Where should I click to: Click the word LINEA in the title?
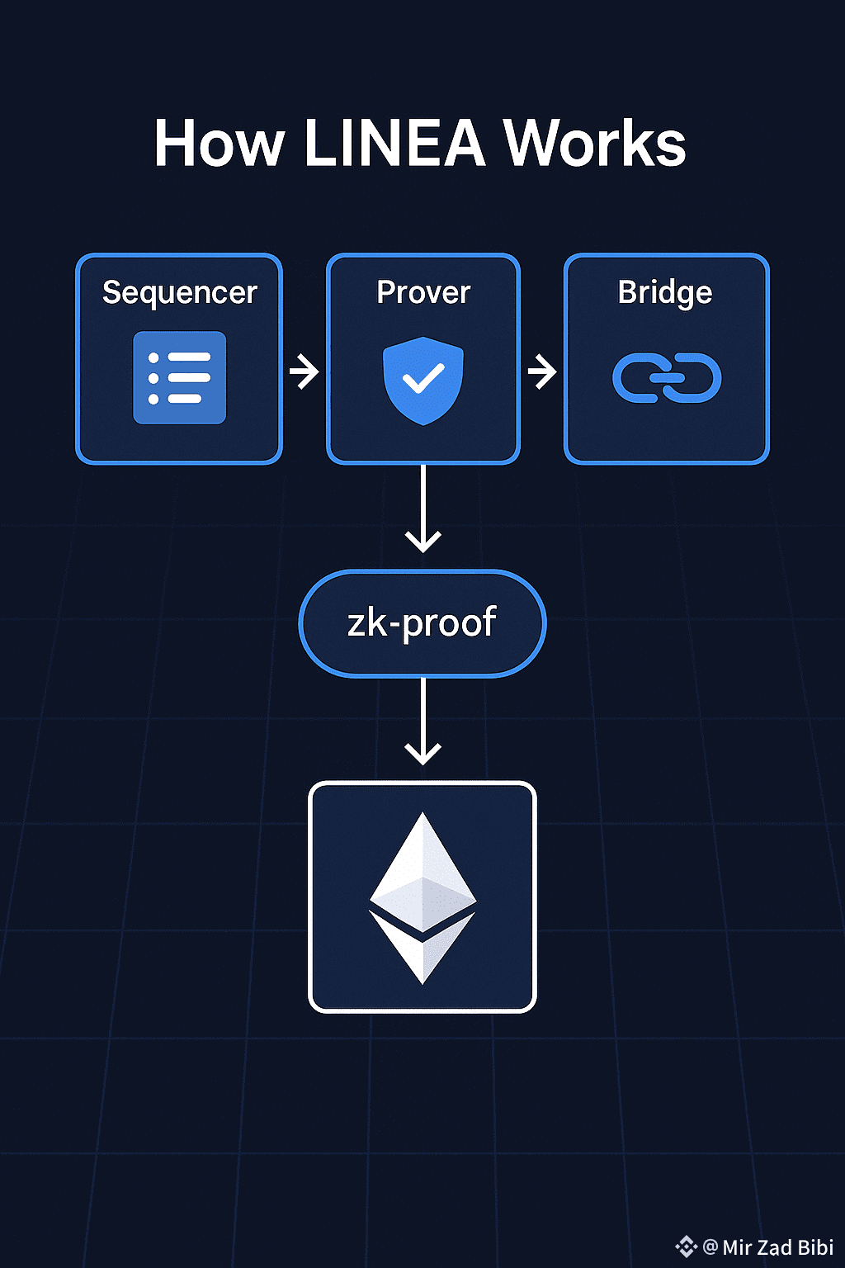click(394, 144)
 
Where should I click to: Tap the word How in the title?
click(219, 144)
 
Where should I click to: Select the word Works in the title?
click(594, 144)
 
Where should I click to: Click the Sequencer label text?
click(180, 293)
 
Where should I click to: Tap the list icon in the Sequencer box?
click(180, 377)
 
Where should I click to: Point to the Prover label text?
click(423, 292)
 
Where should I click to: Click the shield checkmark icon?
click(423, 380)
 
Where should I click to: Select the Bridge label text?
click(665, 293)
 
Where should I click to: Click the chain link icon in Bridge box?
click(667, 378)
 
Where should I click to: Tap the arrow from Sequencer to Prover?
click(304, 371)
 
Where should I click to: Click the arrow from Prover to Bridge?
click(542, 371)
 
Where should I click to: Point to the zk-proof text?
click(422, 623)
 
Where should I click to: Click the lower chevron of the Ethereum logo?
click(422, 949)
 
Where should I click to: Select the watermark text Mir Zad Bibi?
click(777, 1247)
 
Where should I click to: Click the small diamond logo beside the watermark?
click(686, 1247)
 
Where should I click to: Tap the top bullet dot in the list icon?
click(153, 357)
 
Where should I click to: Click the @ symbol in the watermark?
click(710, 1247)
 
